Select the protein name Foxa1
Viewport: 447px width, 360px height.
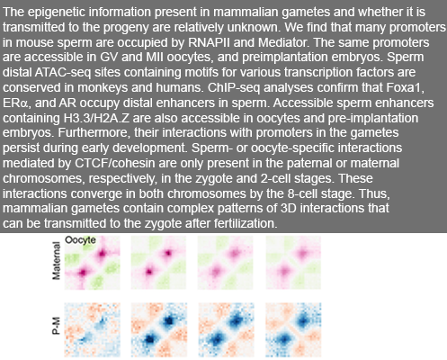(405, 87)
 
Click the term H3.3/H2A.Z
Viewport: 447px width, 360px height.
(96, 118)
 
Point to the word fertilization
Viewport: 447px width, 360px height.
(246, 223)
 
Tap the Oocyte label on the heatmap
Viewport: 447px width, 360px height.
(80, 240)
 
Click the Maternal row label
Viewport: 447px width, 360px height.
(56, 261)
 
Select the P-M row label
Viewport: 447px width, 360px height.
(56, 326)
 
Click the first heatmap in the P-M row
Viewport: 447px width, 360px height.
(93, 330)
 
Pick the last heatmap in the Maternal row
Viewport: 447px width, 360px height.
(293, 263)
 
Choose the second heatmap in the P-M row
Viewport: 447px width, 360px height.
(159, 330)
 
